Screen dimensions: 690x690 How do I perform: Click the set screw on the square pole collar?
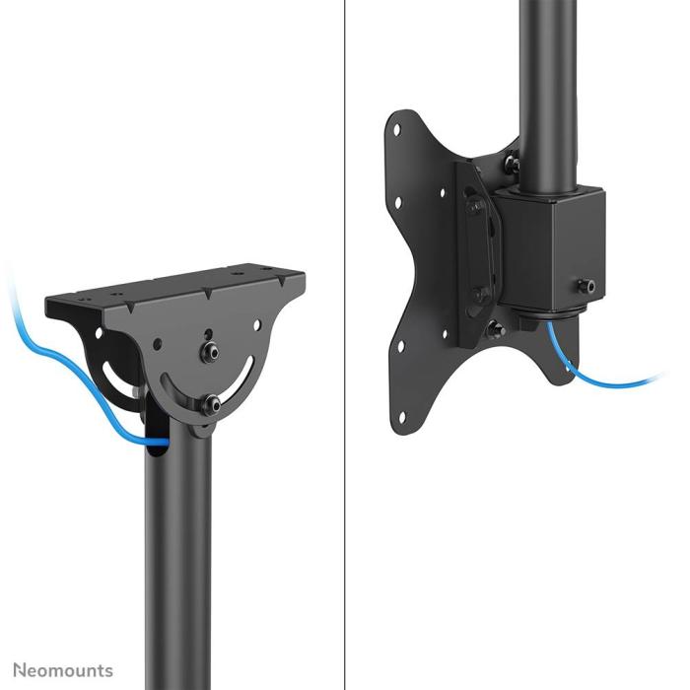point(589,286)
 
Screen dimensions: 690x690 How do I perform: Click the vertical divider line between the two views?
point(345,345)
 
